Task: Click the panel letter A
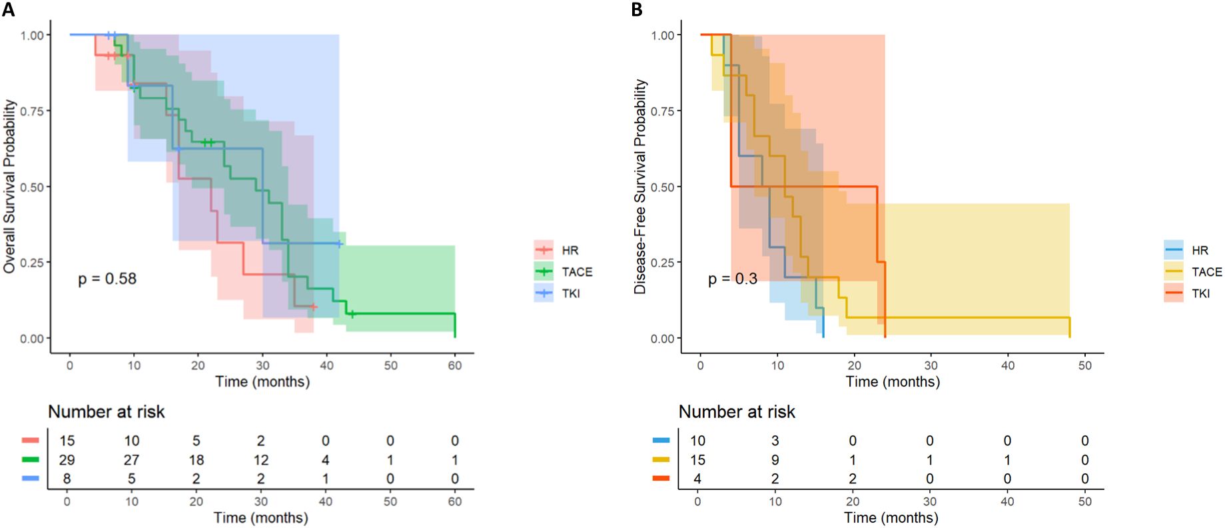tap(8, 9)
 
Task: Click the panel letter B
tap(637, 9)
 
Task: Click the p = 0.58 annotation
tap(107, 279)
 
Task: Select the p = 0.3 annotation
tap(732, 279)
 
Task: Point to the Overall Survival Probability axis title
tap(9, 187)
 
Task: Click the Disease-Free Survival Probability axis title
tap(640, 187)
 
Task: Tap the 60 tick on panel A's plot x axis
tap(455, 365)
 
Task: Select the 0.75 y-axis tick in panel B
tap(663, 111)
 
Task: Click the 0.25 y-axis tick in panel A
tap(32, 263)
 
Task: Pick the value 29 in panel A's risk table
tap(67, 460)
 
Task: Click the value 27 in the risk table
tap(131, 460)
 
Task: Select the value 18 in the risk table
tap(196, 460)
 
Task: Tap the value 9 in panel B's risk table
tap(775, 460)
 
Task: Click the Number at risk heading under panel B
tap(737, 412)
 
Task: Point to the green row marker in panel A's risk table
tap(31, 459)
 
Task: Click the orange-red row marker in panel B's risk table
tap(661, 478)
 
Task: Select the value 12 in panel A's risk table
tap(260, 460)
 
